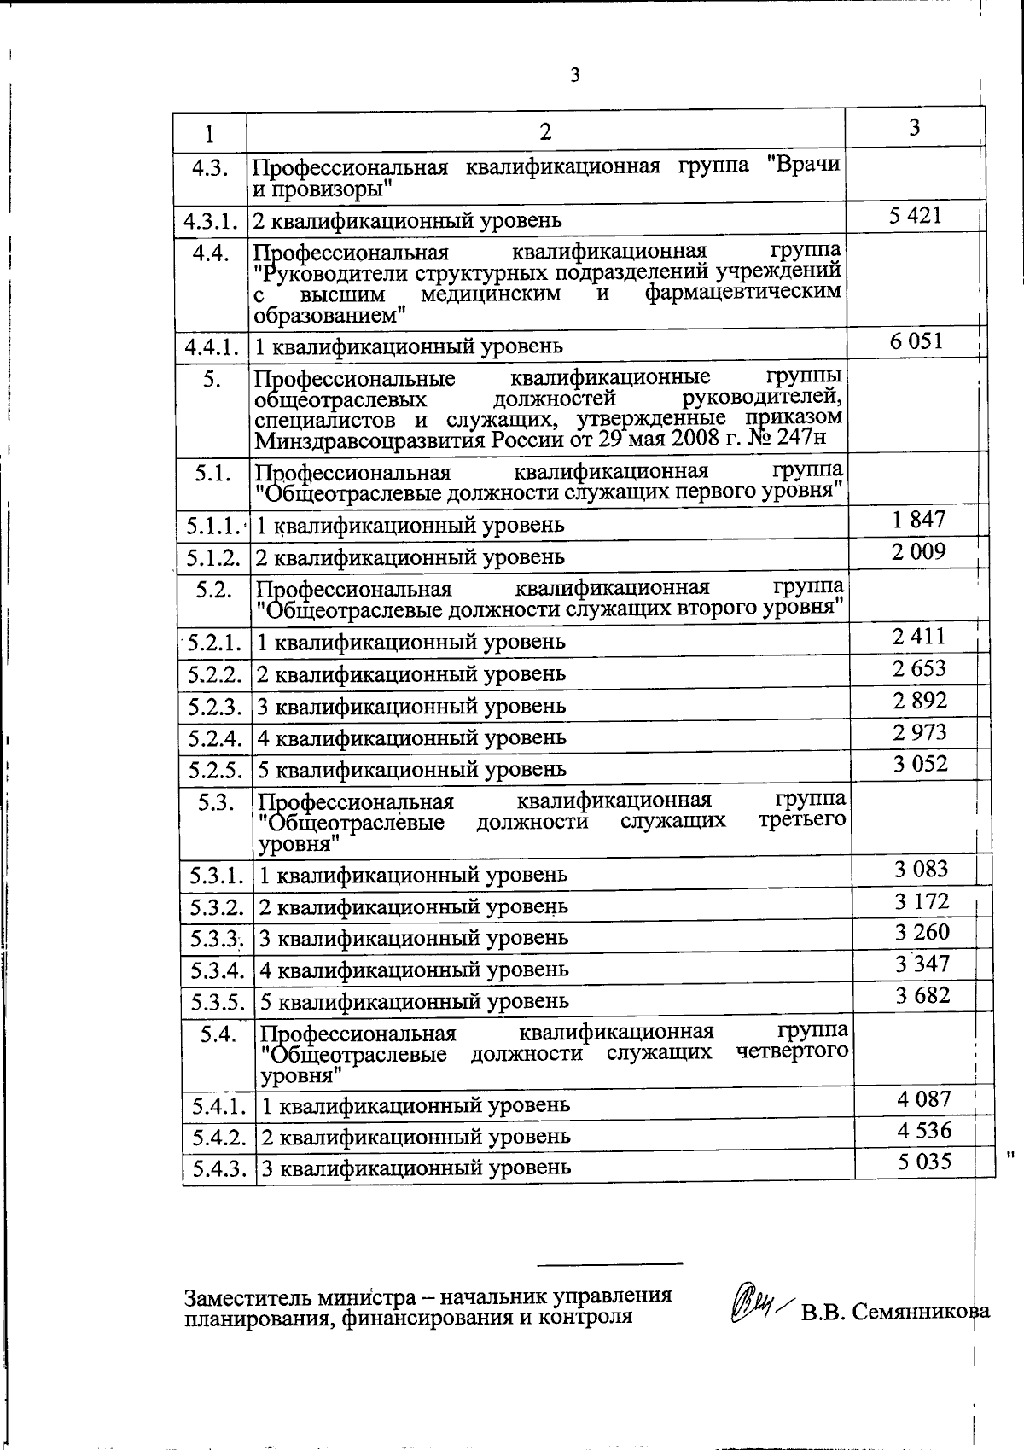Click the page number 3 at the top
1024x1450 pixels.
[x=574, y=76]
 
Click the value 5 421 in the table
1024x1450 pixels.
[x=915, y=215]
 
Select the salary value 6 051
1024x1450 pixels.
[x=916, y=341]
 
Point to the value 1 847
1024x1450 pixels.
[x=918, y=519]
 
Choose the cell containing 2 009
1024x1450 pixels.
[x=918, y=551]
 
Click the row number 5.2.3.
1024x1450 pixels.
[x=216, y=707]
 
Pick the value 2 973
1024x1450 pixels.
[x=920, y=732]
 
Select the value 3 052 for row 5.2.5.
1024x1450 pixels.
[x=921, y=764]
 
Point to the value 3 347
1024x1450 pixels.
[x=922, y=964]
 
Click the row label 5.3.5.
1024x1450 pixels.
[x=218, y=1001]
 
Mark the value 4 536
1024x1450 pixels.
[x=924, y=1131]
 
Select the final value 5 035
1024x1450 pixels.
[x=924, y=1162]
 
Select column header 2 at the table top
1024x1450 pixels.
[x=545, y=131]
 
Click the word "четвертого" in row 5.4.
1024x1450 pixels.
[x=792, y=1052]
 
